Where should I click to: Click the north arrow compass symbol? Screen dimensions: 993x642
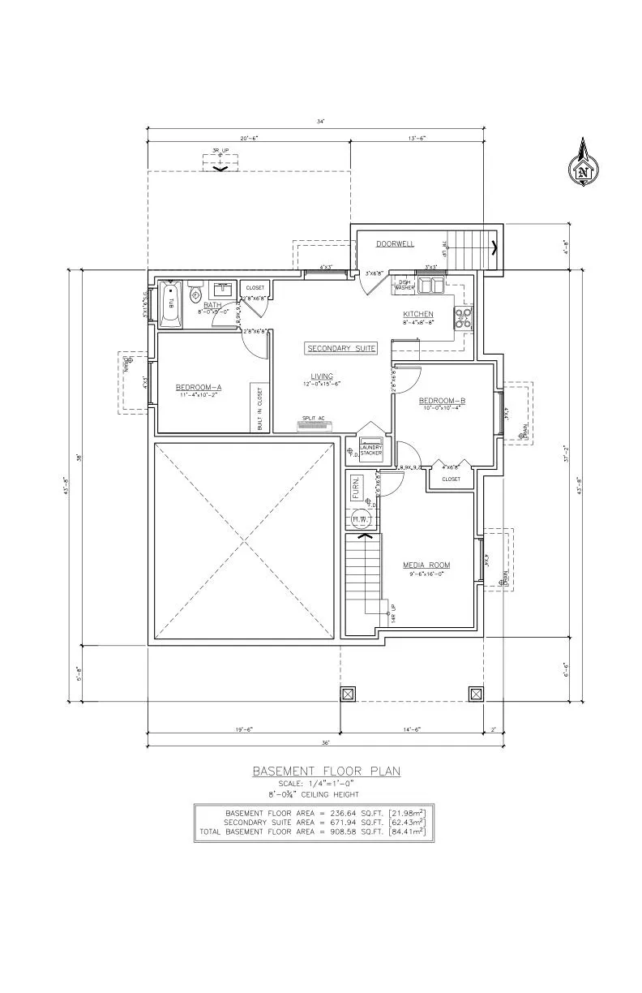582,165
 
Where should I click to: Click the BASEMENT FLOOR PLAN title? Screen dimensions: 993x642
326,772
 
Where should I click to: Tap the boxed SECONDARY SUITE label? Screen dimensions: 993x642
341,348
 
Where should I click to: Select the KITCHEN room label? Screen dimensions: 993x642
418,314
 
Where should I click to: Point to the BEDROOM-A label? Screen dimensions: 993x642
199,388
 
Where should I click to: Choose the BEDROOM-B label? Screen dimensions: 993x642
442,401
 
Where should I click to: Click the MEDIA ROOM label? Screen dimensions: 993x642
426,565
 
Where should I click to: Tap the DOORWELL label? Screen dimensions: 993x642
395,243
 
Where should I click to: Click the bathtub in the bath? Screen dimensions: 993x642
170,304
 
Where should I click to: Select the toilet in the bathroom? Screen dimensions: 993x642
195,296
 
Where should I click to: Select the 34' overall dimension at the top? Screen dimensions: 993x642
321,122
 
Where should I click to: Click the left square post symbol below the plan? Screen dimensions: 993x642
348,694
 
